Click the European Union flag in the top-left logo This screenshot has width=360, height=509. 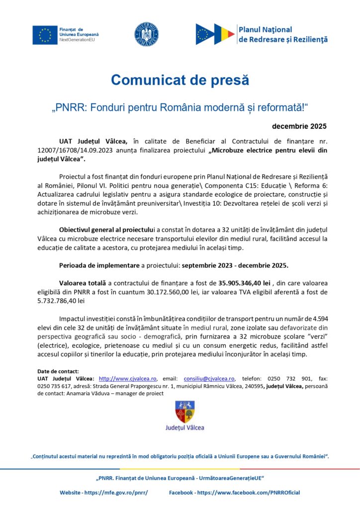45,34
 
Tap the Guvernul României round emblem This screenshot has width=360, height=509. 146,34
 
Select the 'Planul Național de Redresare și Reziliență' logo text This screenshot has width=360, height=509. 282,34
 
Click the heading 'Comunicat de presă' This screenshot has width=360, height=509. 180,80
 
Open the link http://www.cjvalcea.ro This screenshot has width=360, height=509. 128,378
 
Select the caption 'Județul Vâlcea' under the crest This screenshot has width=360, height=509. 184,427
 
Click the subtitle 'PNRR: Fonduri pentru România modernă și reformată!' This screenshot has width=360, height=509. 180,108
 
